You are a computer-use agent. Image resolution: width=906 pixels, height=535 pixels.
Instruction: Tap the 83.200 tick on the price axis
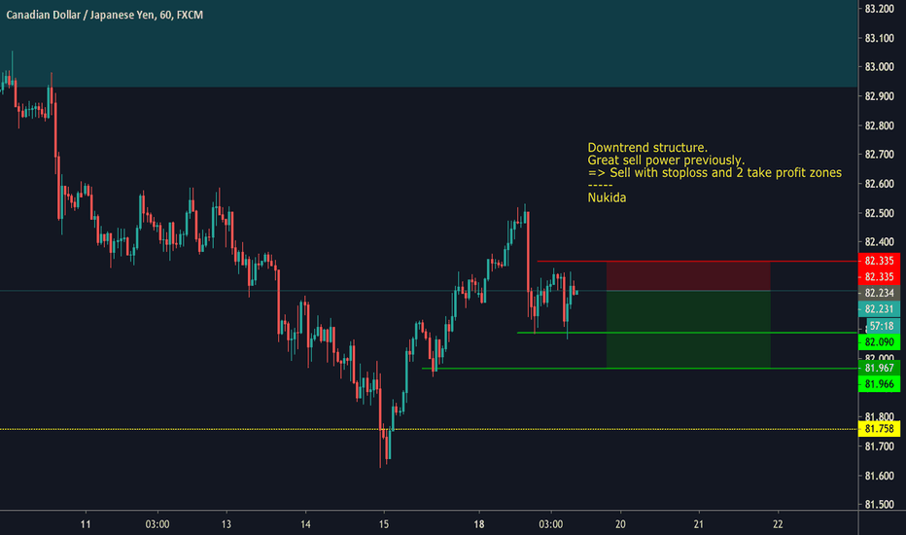[x=879, y=9]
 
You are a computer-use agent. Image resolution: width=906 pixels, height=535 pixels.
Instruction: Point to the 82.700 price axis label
[x=879, y=155]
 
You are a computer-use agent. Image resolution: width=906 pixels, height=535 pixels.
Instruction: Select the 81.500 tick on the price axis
[x=879, y=505]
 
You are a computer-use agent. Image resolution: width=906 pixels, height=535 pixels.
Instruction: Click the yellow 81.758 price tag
[x=880, y=429]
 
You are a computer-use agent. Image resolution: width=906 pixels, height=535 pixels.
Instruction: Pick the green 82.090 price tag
[x=880, y=342]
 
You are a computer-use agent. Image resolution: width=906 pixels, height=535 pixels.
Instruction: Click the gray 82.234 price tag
[x=880, y=292]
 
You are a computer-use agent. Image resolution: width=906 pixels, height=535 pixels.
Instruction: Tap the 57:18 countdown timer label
[x=880, y=326]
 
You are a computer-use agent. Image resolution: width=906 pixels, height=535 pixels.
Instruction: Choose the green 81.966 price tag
[x=880, y=385]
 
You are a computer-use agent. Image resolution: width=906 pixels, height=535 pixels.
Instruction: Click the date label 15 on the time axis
[x=384, y=522]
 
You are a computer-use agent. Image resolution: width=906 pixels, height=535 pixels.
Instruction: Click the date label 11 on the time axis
[x=86, y=522]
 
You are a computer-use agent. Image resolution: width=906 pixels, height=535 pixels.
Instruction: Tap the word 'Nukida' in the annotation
[x=607, y=197]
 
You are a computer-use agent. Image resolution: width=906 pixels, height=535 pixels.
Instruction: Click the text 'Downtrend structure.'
[x=647, y=147]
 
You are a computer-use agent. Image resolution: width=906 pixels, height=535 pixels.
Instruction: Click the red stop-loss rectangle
[x=688, y=275]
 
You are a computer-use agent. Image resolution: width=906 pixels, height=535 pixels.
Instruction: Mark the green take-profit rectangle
[x=688, y=329]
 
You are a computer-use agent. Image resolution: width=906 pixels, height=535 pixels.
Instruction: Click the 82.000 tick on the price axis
[x=879, y=359]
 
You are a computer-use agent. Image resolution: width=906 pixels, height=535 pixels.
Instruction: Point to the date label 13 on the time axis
[x=226, y=522]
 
